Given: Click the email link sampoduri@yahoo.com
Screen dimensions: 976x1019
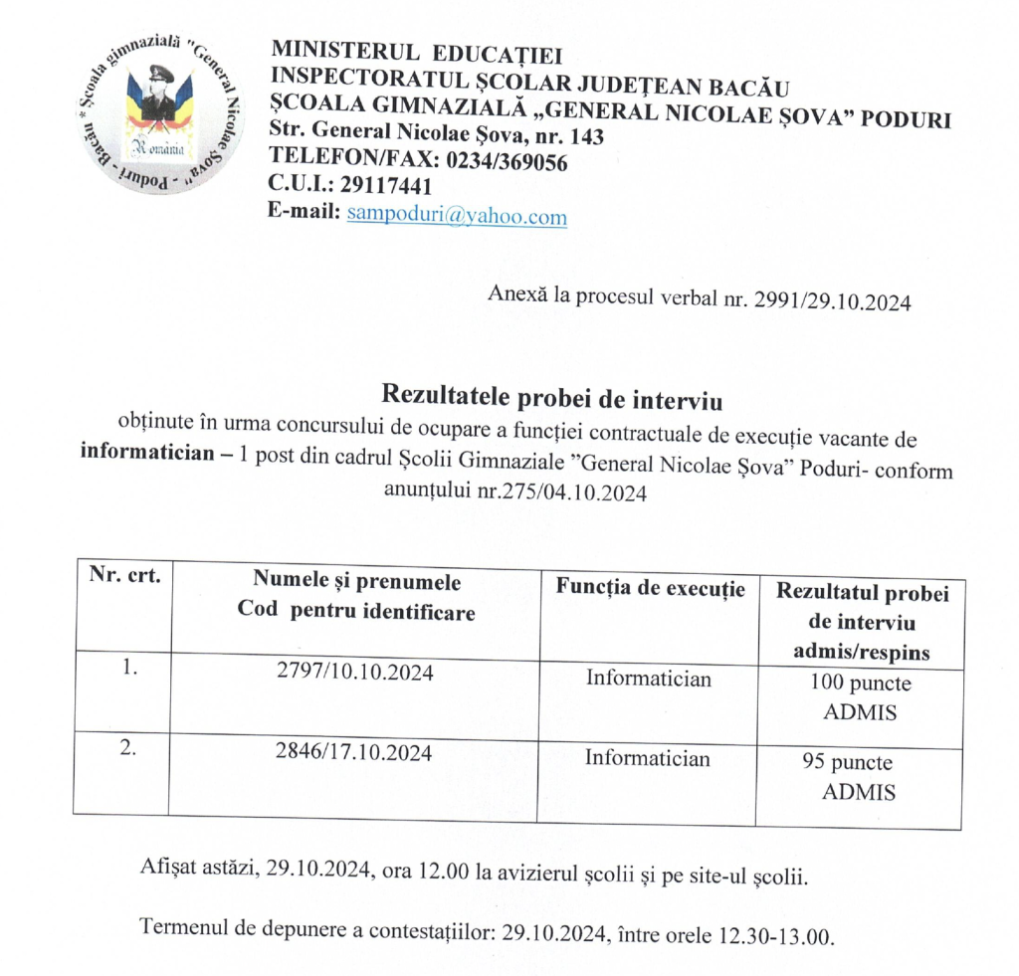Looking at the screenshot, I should point(457,215).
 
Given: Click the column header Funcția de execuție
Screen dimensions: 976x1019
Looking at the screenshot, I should point(650,589).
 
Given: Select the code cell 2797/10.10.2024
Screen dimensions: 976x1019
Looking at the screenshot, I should point(355,674).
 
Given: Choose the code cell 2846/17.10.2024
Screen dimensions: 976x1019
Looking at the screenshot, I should point(354,753).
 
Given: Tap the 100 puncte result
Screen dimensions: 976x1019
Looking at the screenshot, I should point(861,684).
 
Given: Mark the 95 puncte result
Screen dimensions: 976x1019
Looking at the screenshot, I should point(848,764).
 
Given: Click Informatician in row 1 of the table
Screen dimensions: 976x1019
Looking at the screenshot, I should point(649,680).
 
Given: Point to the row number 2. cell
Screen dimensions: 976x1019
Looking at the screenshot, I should point(127,750).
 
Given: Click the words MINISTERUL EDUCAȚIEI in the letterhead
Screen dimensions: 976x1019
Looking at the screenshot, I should point(417,51).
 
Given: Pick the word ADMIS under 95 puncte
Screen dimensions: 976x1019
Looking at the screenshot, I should point(860,793).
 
